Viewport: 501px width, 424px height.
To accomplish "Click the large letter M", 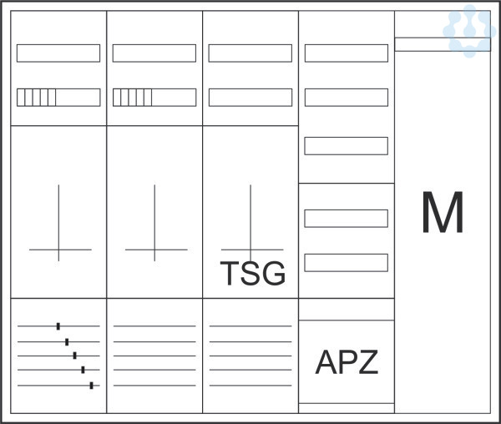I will click(443, 213).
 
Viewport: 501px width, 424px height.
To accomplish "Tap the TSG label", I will click(252, 273).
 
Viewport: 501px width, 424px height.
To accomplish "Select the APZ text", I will click(347, 362).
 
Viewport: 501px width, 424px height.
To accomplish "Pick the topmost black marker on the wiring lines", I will click(58, 326).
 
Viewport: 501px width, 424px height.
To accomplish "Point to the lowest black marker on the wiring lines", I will click(91, 385).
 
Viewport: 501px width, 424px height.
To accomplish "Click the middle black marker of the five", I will click(74, 356).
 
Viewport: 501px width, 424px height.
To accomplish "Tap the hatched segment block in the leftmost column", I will click(37, 98).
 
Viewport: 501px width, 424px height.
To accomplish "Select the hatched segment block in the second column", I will click(133, 98).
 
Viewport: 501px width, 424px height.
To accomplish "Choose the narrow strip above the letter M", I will click(443, 44).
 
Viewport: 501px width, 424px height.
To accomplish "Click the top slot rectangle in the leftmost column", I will click(58, 53).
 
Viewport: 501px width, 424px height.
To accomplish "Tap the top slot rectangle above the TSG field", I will click(250, 53).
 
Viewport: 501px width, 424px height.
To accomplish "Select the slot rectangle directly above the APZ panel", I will click(347, 263).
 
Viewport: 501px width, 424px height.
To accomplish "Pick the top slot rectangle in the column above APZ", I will click(347, 53).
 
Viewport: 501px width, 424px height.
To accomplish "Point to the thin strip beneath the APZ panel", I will click(347, 408).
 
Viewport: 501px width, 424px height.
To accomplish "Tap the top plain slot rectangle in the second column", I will click(154, 53).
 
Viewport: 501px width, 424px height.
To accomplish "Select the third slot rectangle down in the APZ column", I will click(347, 146).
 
